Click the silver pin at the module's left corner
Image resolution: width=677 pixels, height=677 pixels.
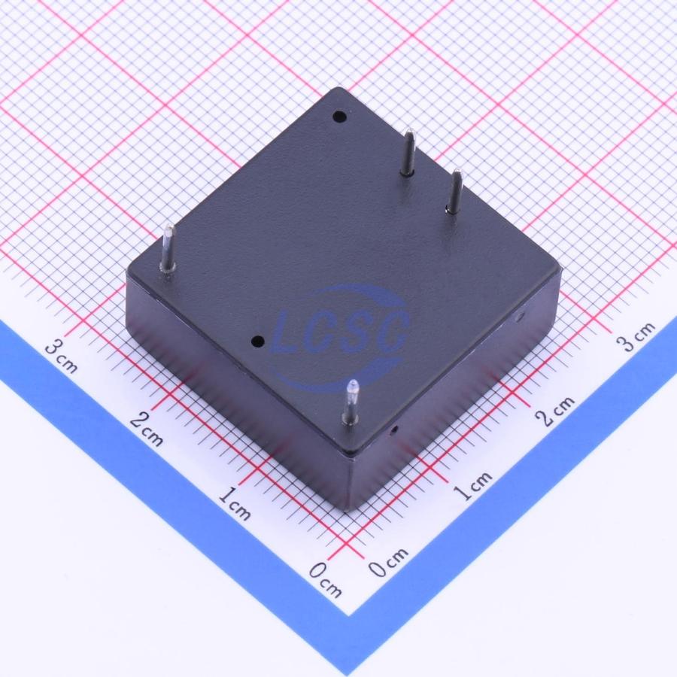pyautogui.click(x=167, y=249)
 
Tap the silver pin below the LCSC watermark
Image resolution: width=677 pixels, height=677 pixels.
pyautogui.click(x=351, y=402)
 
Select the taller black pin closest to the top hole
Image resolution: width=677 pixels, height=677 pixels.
pyautogui.click(x=408, y=152)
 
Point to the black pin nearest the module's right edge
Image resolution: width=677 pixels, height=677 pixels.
pyautogui.click(x=454, y=192)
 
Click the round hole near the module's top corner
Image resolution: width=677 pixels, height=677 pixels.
pyautogui.click(x=339, y=116)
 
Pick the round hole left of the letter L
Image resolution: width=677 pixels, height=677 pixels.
pyautogui.click(x=258, y=342)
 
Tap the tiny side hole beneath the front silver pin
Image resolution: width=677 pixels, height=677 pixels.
pyautogui.click(x=393, y=430)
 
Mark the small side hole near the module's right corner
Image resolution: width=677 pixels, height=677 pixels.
pyautogui.click(x=520, y=317)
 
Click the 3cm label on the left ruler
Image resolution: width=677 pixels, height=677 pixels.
pyautogui.click(x=62, y=356)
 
